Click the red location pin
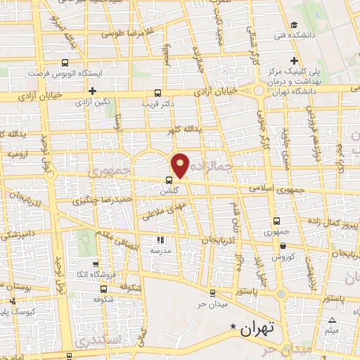tap(181, 165)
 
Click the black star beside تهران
tap(234, 326)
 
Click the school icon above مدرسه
tap(158, 240)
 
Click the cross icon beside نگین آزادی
tap(92, 91)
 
